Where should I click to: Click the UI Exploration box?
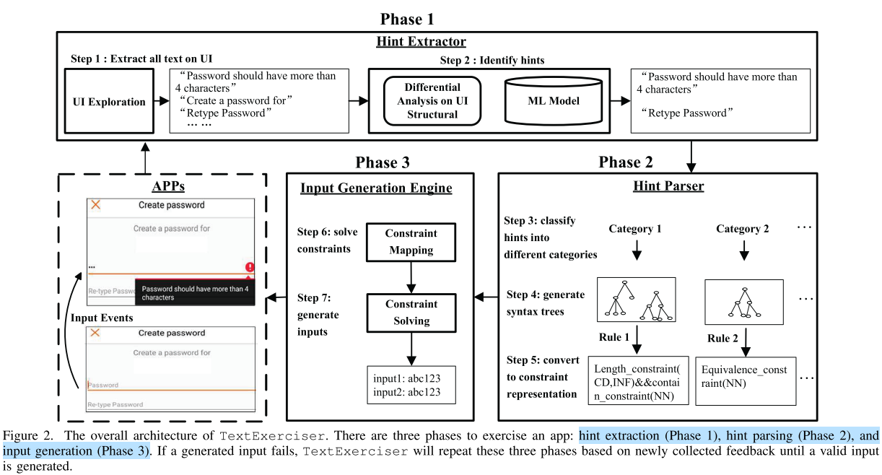pos(109,102)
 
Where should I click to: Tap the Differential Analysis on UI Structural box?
pos(432,101)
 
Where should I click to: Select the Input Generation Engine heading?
pos(376,188)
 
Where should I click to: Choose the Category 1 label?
pos(635,229)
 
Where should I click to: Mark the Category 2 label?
pos(743,229)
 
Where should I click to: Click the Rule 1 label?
pos(614,337)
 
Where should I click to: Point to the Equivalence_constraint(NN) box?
pos(745,380)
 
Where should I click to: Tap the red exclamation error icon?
pos(250,266)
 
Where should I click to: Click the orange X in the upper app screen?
pos(96,205)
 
